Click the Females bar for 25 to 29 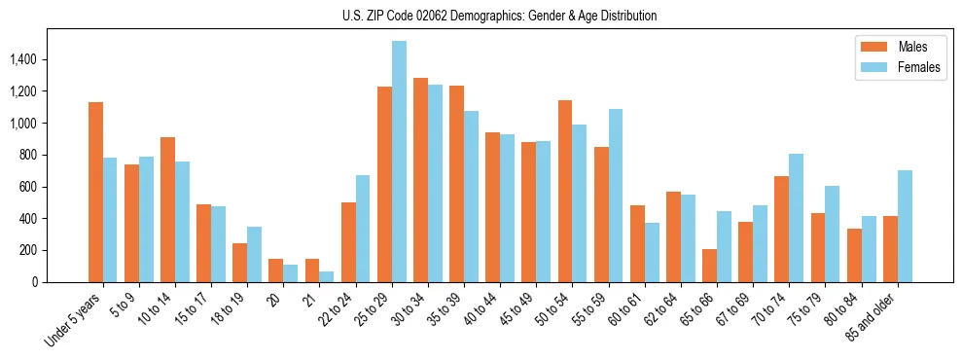coord(399,162)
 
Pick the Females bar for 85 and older coord(905,226)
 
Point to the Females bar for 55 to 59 coord(616,196)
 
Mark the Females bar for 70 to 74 coord(796,218)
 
